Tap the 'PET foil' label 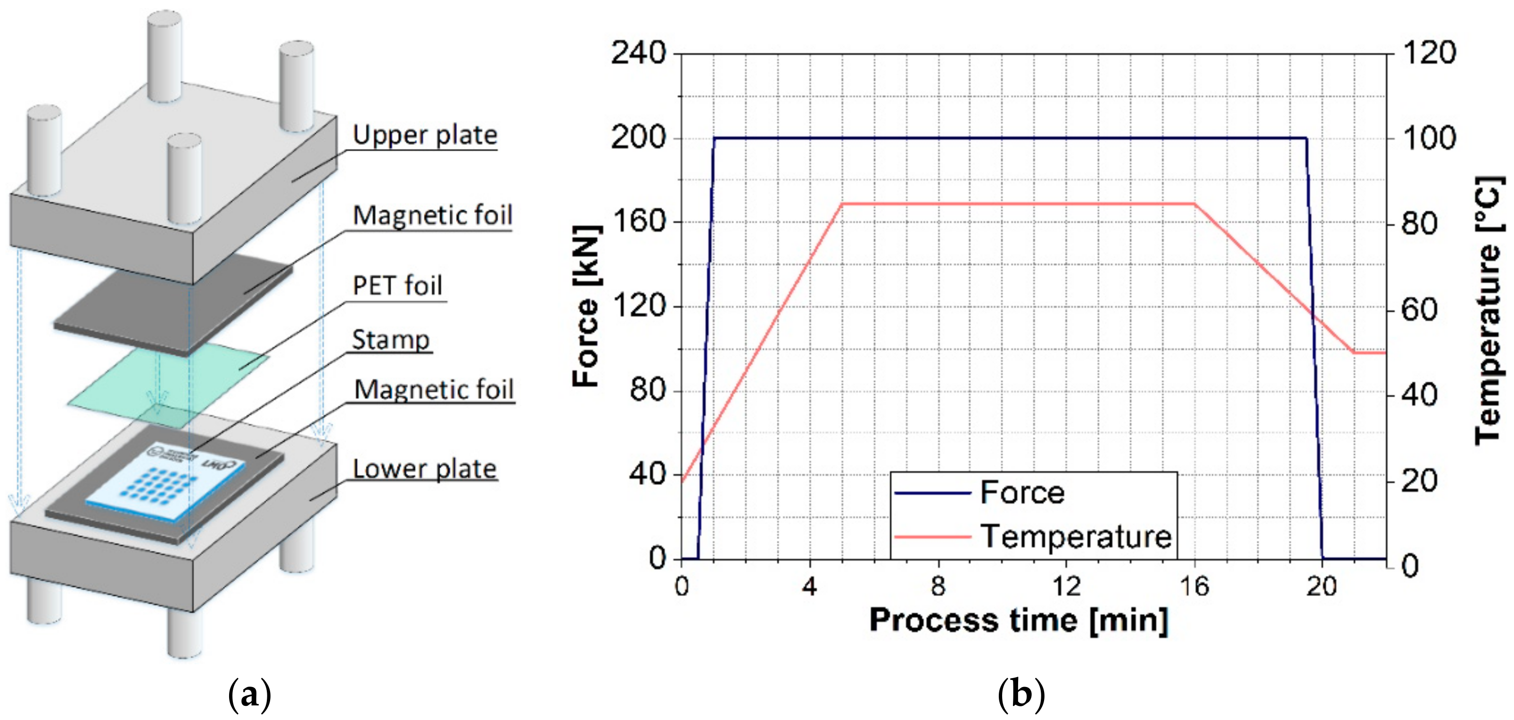[397, 286]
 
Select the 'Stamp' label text [391, 340]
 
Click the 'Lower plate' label [424, 469]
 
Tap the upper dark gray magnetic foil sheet [171, 306]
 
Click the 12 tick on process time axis [1066, 587]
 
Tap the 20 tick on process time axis [1321, 587]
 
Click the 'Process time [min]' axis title [1018, 620]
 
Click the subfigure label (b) [1021, 694]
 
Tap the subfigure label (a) [249, 694]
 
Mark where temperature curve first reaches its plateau [842, 204]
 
